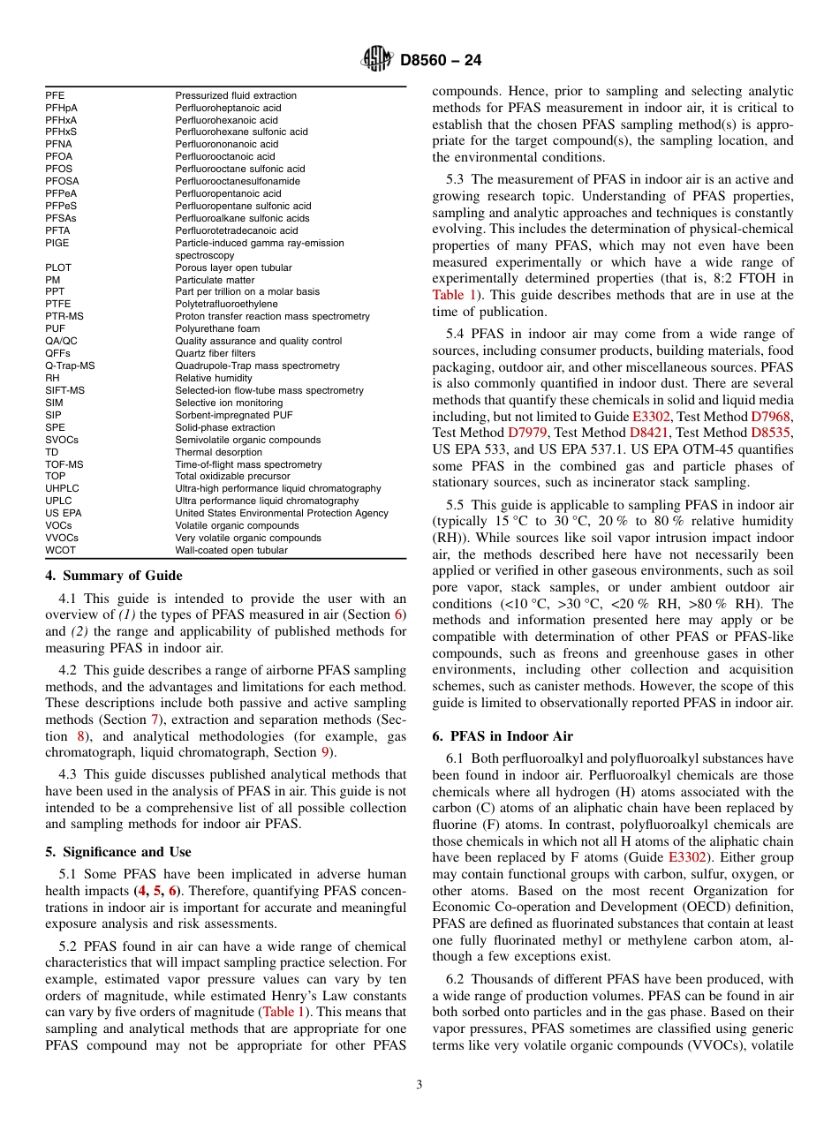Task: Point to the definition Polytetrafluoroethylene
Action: click(226, 304)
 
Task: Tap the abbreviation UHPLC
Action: click(62, 488)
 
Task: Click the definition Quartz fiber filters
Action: click(215, 353)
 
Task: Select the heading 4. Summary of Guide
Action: click(114, 576)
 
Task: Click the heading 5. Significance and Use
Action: click(118, 852)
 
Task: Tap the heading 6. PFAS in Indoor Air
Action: click(503, 736)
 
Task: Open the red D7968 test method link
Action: click(771, 416)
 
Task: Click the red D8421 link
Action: click(649, 433)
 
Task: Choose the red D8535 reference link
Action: click(771, 433)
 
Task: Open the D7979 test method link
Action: click(527, 433)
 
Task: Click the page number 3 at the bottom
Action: click(419, 1084)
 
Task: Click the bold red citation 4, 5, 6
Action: click(158, 891)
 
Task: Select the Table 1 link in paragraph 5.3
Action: click(451, 295)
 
